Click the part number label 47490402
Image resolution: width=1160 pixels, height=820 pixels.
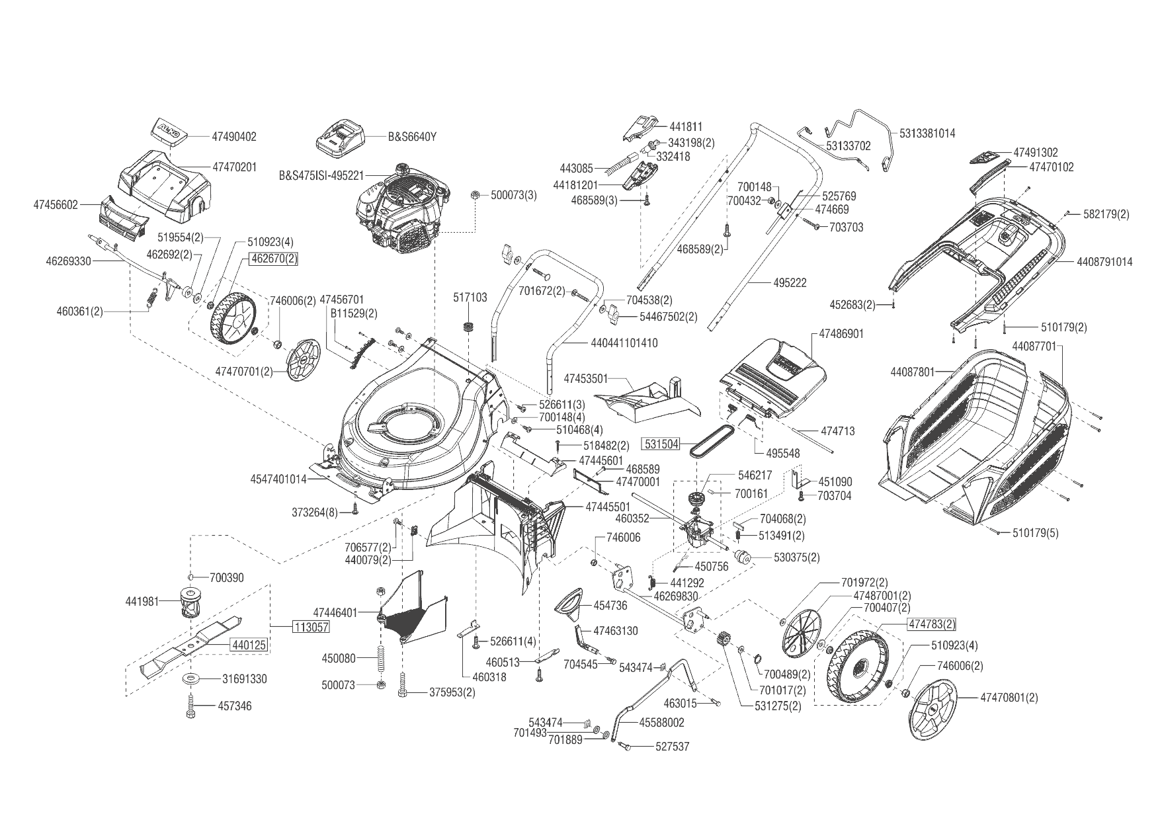coord(233,137)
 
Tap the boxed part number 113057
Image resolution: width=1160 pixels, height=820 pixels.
coord(311,628)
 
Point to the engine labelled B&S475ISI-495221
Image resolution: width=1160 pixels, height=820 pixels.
coord(400,215)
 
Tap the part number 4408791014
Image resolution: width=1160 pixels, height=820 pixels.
coord(1104,262)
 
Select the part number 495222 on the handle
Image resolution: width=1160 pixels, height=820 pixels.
coord(790,282)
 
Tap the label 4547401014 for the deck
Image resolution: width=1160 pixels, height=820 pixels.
coord(278,479)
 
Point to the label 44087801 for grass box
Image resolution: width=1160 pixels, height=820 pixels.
coord(913,372)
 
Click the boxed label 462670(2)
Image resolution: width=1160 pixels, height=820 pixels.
coord(273,259)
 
